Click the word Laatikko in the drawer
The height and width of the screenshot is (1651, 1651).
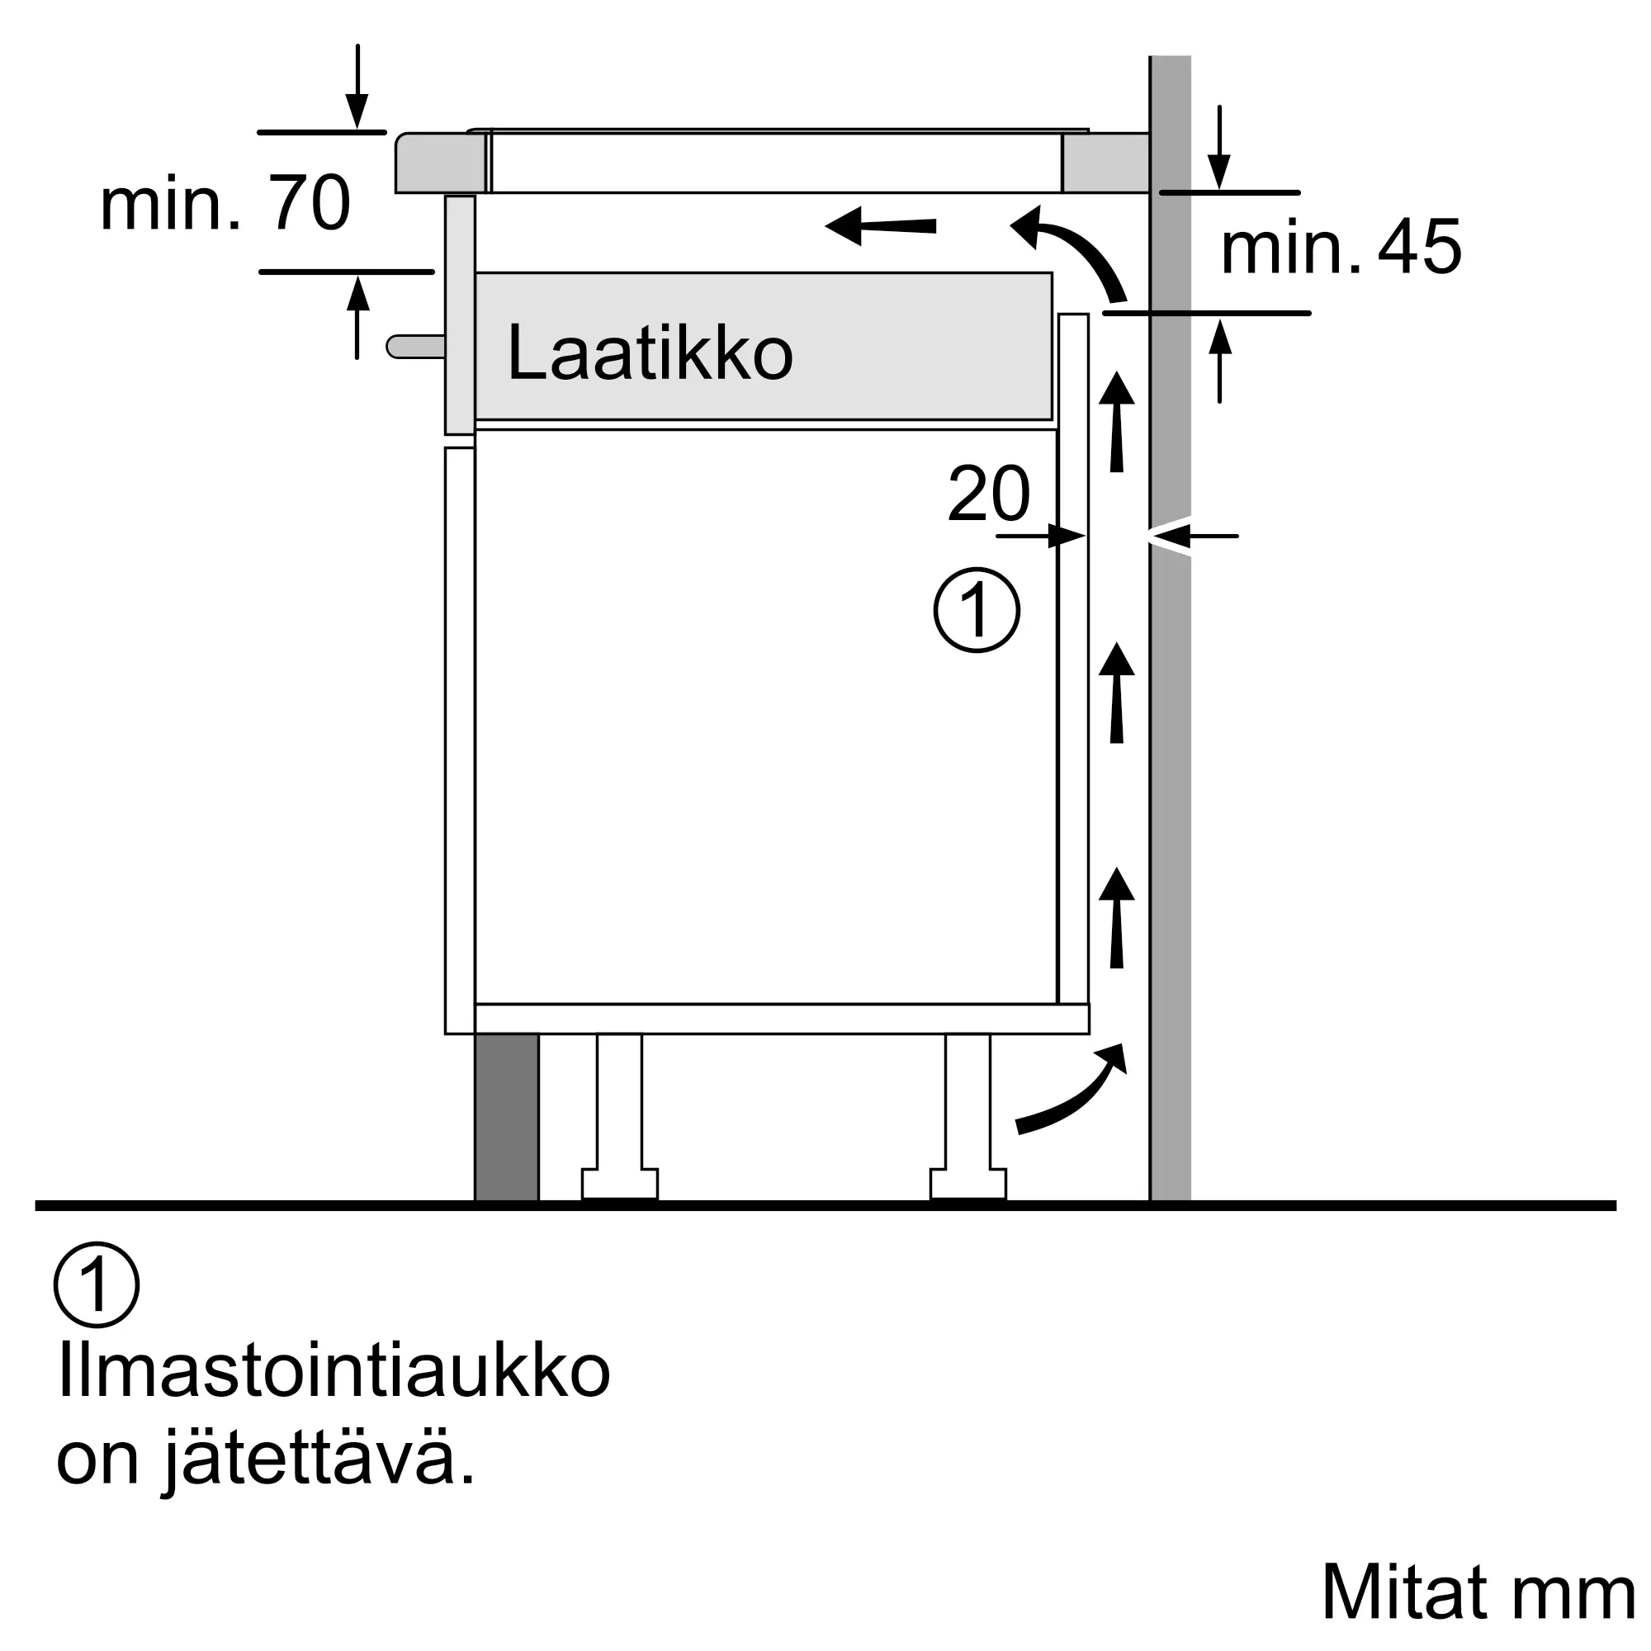(650, 353)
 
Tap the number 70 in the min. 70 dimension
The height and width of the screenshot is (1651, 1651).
(309, 203)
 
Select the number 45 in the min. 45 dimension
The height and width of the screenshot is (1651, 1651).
(1419, 248)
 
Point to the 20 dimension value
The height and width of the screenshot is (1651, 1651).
(989, 493)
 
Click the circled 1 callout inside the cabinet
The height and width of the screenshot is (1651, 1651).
(976, 610)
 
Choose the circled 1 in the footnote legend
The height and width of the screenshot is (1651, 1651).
(96, 1284)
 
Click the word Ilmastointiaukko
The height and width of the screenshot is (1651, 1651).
(334, 1374)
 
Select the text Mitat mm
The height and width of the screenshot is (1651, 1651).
(1478, 1593)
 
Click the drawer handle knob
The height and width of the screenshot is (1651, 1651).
(414, 346)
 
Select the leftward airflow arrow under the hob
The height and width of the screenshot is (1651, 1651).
(880, 226)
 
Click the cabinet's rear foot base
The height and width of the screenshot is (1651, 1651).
(967, 1184)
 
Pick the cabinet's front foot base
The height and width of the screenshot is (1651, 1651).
(620, 1184)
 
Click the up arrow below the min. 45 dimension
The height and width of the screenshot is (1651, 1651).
(1219, 359)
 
